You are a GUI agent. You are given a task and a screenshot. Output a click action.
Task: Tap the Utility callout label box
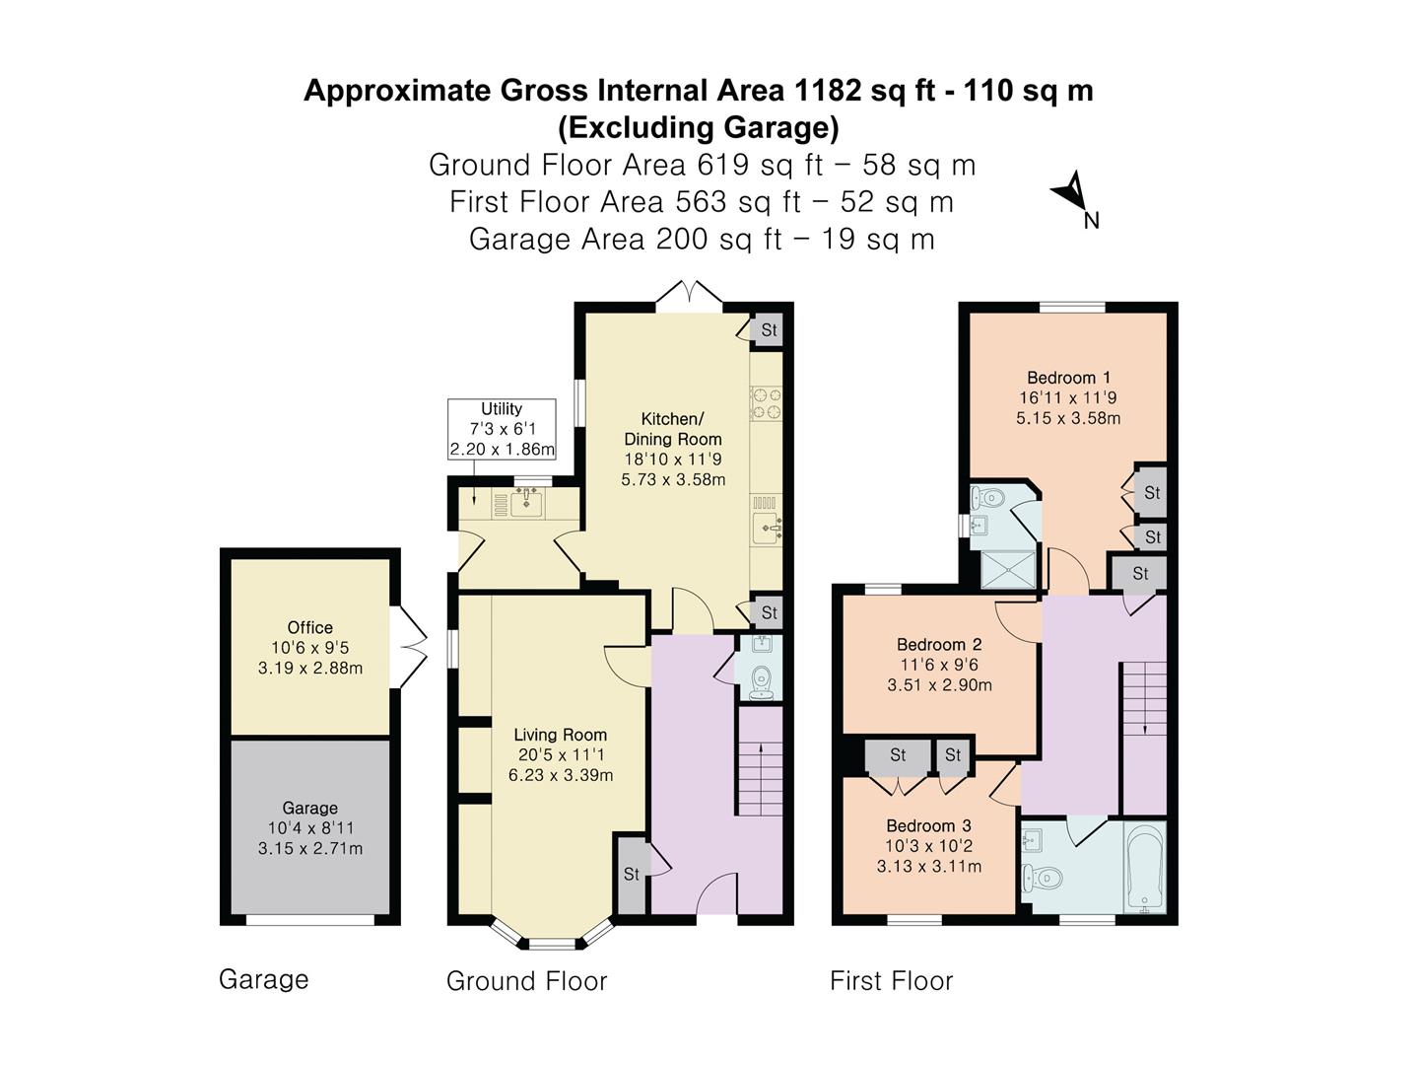click(502, 429)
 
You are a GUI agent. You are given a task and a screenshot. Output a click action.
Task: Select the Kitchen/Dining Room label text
click(673, 429)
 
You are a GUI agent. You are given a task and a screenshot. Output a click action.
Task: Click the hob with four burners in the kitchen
click(766, 404)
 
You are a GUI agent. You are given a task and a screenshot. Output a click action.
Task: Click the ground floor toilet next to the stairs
click(761, 679)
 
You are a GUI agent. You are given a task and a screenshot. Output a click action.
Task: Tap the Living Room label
click(560, 735)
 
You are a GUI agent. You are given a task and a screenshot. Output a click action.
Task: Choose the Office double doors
click(409, 647)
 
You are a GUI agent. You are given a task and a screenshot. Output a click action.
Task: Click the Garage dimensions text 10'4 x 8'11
click(309, 828)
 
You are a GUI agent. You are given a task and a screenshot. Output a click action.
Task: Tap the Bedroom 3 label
click(928, 825)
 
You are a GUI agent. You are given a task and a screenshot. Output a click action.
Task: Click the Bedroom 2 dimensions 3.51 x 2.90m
click(939, 685)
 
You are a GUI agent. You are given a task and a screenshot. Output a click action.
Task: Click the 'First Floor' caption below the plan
click(891, 981)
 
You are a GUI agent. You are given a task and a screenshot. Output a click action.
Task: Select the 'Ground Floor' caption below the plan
click(526, 981)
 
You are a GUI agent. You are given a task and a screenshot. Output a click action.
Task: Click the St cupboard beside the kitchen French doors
click(769, 330)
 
